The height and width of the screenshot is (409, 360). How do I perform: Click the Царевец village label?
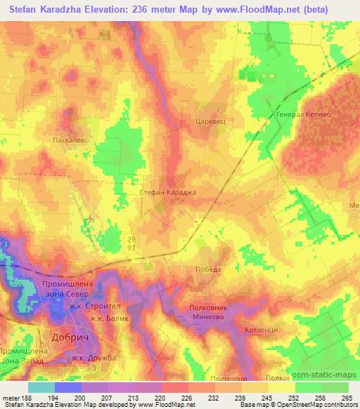click(x=207, y=120)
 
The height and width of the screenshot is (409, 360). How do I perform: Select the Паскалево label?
click(x=70, y=140)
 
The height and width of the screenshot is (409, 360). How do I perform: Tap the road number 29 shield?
click(x=133, y=239)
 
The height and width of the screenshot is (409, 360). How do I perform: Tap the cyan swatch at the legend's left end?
click(x=41, y=387)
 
